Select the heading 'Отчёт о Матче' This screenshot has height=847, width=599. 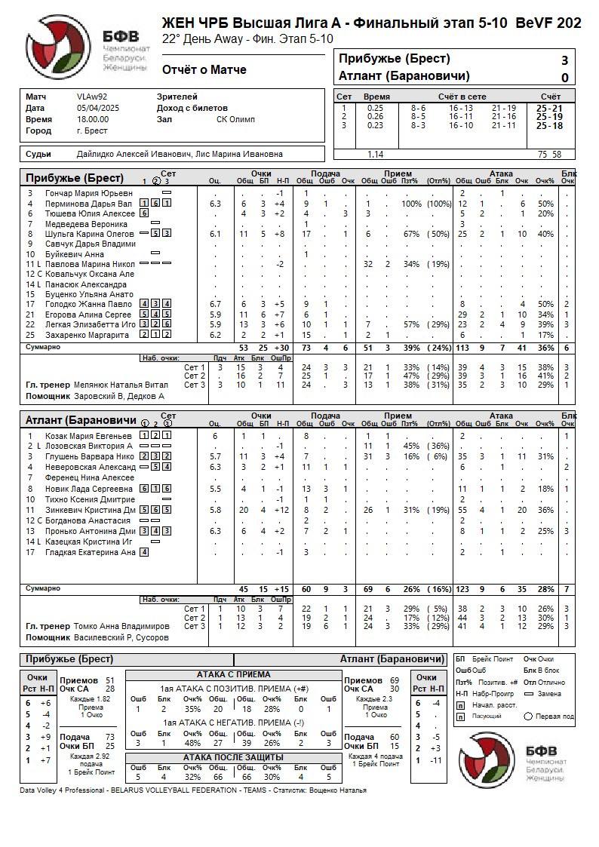click(x=204, y=70)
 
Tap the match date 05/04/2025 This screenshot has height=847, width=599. click(x=98, y=109)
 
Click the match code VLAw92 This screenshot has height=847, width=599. click(x=92, y=97)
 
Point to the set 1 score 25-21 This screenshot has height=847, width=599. click(x=549, y=109)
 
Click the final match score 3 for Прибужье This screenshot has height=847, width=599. click(x=564, y=60)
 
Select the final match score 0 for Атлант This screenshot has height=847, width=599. click(x=564, y=77)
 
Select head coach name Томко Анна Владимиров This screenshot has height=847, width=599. click(x=121, y=626)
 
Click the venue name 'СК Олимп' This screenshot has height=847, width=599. click(x=235, y=120)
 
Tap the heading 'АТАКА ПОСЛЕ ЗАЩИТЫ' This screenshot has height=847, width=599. click(x=233, y=757)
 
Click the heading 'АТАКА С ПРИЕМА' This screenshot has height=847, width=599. click(x=233, y=674)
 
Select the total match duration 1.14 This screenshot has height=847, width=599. click(x=375, y=155)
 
